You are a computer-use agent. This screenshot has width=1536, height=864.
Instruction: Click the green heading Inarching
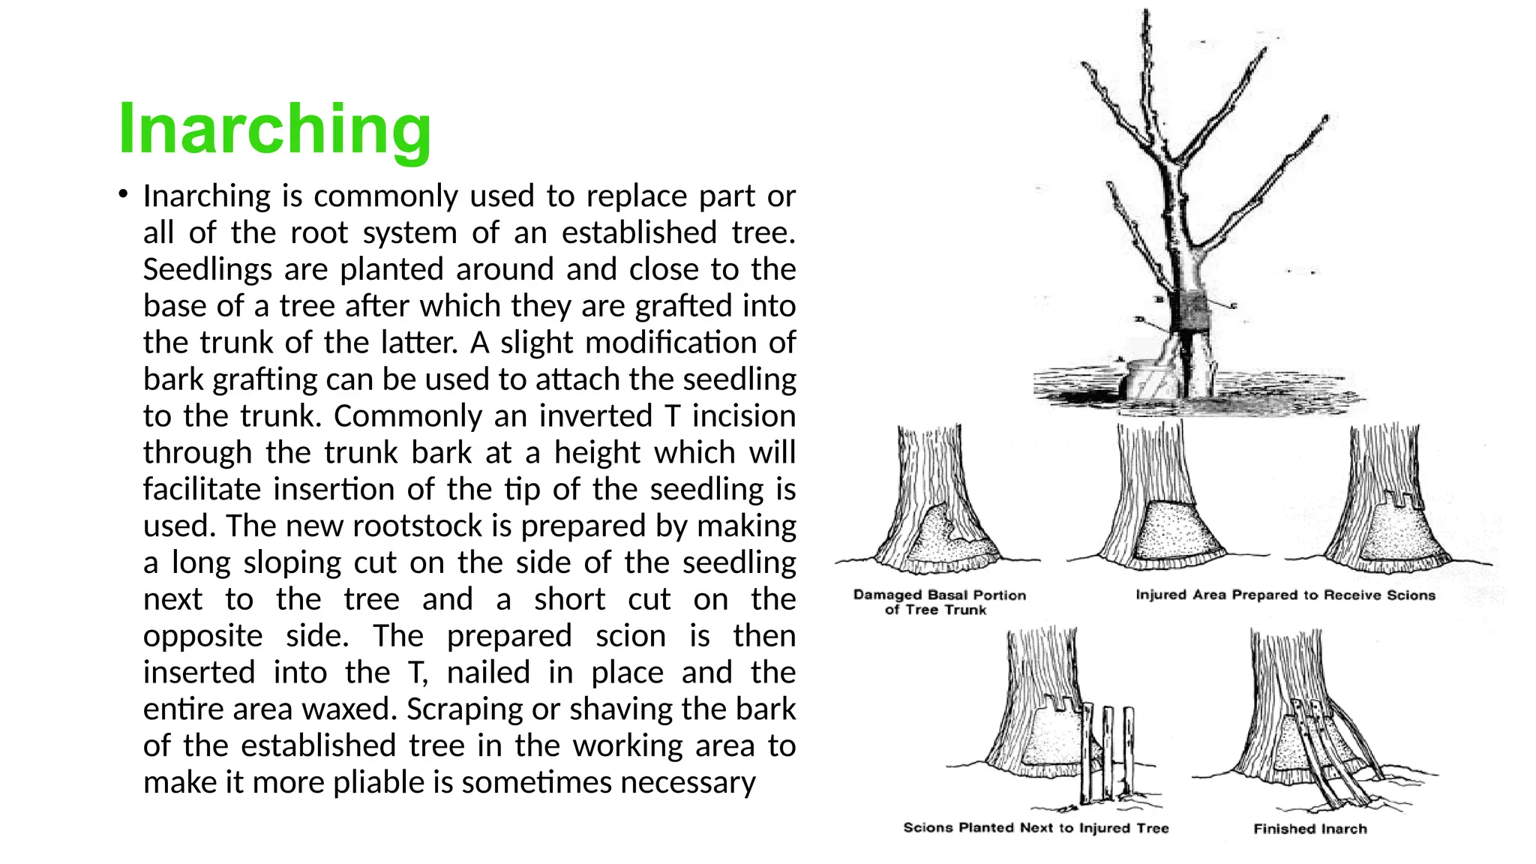point(274,129)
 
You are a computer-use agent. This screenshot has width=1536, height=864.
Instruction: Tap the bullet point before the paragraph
point(122,194)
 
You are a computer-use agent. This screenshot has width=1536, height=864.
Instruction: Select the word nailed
point(488,672)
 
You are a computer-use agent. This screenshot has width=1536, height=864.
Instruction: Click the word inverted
point(595,415)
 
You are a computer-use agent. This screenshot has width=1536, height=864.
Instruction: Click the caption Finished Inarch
point(1309,829)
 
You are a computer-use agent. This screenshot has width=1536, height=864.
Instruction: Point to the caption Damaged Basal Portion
point(939,595)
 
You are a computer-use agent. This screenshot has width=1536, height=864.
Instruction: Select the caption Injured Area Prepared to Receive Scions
point(1285,595)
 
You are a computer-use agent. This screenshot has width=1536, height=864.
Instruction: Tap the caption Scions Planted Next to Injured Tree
point(1036,828)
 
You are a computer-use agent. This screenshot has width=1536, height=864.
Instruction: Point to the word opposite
point(202,636)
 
